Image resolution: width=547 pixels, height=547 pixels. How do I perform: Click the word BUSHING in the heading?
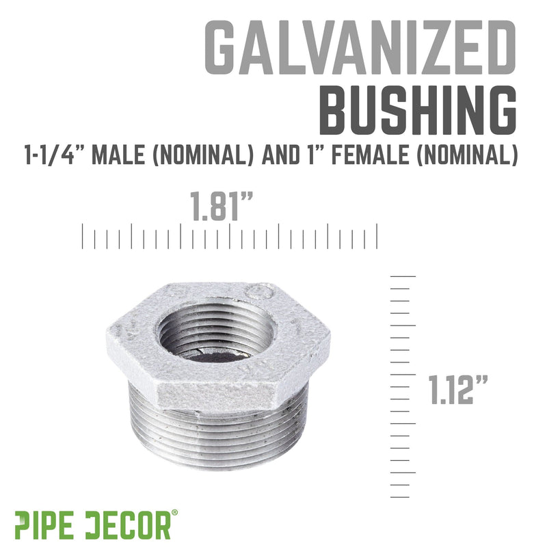point(418,110)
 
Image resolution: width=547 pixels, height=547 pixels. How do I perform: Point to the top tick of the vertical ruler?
point(403,276)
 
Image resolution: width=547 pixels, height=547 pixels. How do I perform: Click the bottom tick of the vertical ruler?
point(399,497)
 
